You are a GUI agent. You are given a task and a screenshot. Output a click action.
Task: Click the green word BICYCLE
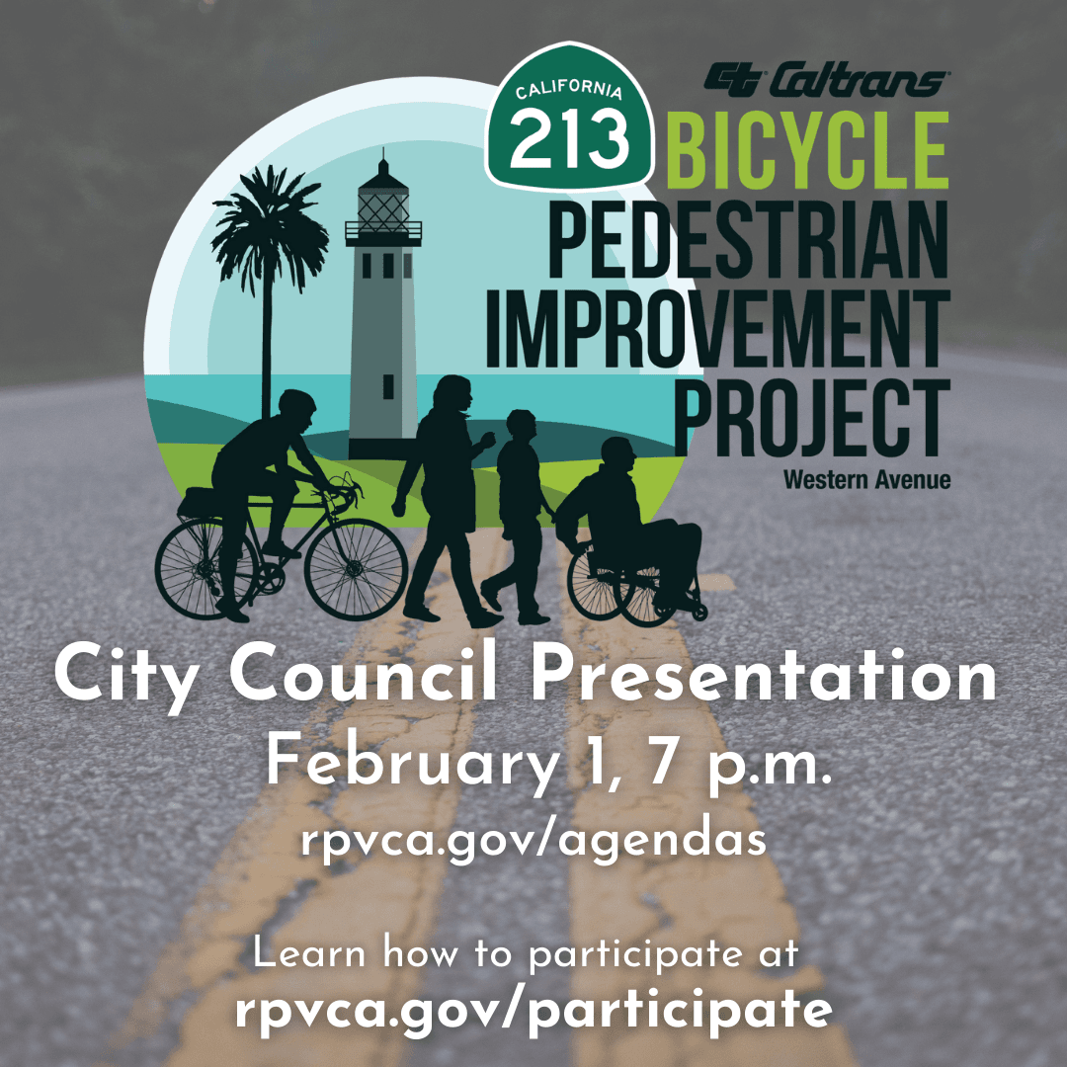(x=807, y=150)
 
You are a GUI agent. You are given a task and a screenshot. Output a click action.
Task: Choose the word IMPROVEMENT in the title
(x=717, y=328)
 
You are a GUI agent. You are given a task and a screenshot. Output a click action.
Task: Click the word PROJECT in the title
(x=812, y=417)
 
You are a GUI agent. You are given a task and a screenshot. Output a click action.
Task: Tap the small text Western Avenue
(x=866, y=480)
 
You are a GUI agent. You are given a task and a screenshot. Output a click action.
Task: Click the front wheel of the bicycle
(x=356, y=569)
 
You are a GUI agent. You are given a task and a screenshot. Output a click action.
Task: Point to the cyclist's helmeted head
(x=296, y=407)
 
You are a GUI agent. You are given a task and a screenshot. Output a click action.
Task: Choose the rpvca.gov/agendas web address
(x=533, y=841)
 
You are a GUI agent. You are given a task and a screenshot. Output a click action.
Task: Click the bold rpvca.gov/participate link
(x=533, y=1011)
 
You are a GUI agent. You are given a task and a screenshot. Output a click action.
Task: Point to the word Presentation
(x=764, y=675)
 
